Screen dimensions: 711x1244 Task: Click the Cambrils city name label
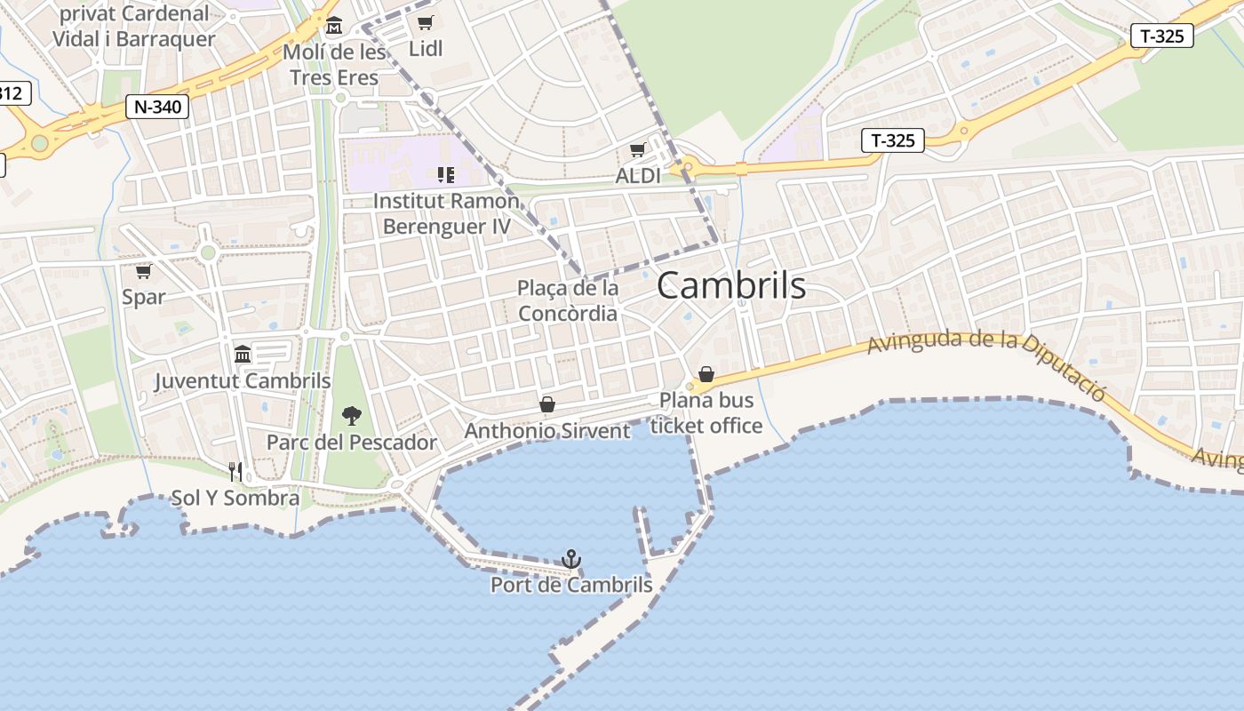[x=731, y=286]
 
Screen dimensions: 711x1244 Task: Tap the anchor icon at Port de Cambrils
[x=571, y=559]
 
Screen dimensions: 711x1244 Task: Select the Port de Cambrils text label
[x=571, y=586]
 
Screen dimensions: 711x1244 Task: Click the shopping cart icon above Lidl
[x=426, y=23]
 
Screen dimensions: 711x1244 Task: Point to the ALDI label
[x=638, y=176]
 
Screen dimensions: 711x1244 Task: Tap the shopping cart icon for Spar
[x=143, y=271]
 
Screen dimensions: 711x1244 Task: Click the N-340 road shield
[x=158, y=108]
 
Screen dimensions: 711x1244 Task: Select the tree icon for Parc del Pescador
[x=352, y=414]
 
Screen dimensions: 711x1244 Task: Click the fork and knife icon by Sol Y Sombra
[x=235, y=471]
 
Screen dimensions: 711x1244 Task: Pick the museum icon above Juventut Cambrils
[x=243, y=355]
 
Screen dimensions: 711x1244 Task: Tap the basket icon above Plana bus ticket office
[x=706, y=374]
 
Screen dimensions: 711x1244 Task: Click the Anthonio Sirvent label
[x=547, y=431]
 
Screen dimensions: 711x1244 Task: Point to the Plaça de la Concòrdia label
[x=568, y=300]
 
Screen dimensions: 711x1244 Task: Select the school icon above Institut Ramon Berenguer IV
[x=445, y=174]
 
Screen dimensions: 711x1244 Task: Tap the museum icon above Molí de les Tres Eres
[x=334, y=26]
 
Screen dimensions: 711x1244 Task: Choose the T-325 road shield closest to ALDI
[x=893, y=140]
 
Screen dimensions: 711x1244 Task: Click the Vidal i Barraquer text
[x=134, y=39]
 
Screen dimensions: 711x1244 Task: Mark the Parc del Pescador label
[x=352, y=443]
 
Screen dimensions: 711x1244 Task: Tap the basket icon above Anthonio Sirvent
[x=547, y=405]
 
